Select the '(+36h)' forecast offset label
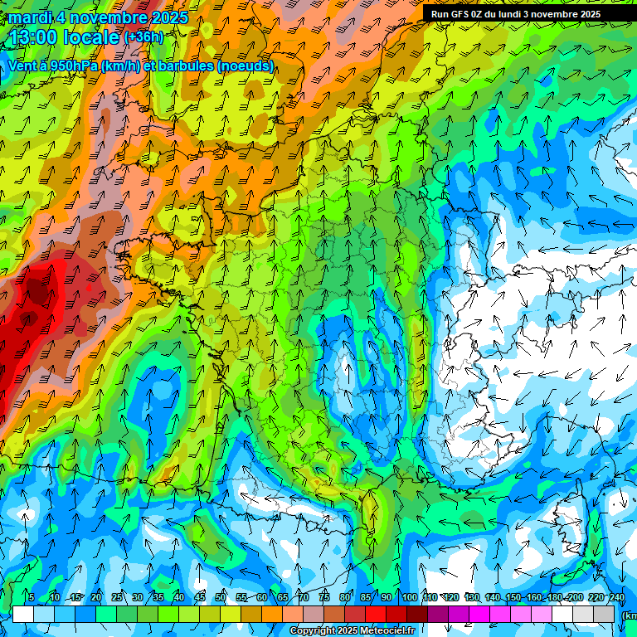pyautogui.click(x=143, y=37)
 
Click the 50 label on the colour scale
pyautogui.click(x=220, y=598)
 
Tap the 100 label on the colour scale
pyautogui.click(x=409, y=598)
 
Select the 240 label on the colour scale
pyautogui.click(x=616, y=598)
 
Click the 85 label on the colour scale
pyautogui.click(x=366, y=598)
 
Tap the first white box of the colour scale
pyautogui.click(x=23, y=614)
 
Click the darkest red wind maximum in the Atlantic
pyautogui.click(x=36, y=289)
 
